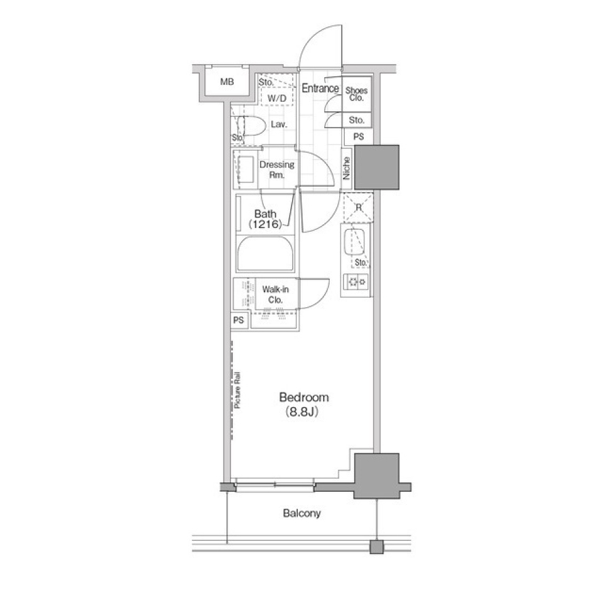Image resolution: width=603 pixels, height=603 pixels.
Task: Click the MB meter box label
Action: (227, 82)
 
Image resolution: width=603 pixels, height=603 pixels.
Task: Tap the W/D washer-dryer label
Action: (277, 98)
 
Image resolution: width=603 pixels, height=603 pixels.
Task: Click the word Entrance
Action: (320, 88)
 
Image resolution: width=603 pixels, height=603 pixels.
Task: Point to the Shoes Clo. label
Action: (357, 94)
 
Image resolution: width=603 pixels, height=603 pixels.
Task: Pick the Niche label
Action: (347, 168)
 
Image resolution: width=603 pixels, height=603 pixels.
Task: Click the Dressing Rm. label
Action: (277, 170)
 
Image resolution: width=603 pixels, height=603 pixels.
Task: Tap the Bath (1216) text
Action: (265, 219)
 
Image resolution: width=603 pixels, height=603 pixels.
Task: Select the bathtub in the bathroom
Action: (265, 254)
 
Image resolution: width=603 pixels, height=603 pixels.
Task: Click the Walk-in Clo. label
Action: (275, 295)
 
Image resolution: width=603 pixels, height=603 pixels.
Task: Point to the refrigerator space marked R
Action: (358, 208)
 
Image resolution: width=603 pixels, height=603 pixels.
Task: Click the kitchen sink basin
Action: (354, 242)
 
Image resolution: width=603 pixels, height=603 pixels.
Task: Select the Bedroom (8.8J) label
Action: (304, 404)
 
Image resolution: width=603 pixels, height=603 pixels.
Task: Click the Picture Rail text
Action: (237, 390)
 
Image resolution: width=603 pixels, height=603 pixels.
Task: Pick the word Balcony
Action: (302, 513)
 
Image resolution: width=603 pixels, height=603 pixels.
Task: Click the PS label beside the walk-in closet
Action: (239, 320)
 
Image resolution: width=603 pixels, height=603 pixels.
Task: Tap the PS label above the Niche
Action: (359, 136)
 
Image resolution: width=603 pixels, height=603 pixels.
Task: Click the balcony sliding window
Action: (274, 485)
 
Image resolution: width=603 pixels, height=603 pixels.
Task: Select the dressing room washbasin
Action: (246, 170)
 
